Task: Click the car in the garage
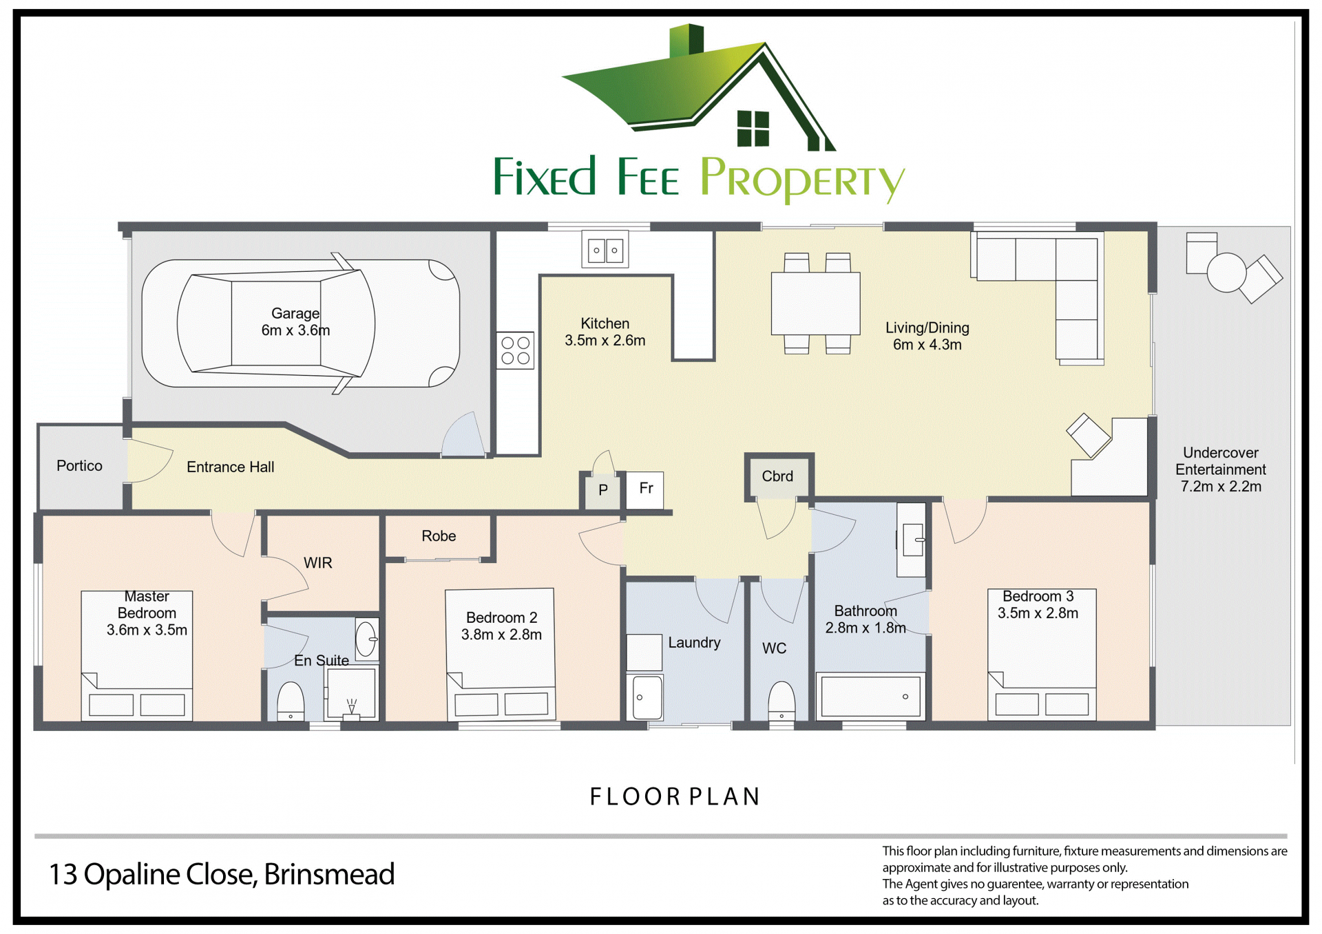(x=300, y=323)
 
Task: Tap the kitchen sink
(x=605, y=249)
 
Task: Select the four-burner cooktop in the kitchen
(x=516, y=350)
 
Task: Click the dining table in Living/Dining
(x=816, y=303)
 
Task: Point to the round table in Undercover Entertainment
(x=1226, y=273)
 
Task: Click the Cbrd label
(x=777, y=476)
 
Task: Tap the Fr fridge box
(x=645, y=490)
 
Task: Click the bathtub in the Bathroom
(x=871, y=696)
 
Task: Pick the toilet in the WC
(x=781, y=701)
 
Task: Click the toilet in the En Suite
(x=291, y=701)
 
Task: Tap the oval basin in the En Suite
(x=366, y=639)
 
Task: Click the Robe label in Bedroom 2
(x=439, y=536)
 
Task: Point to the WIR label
(x=318, y=563)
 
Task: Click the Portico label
(x=79, y=466)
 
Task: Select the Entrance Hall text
(x=230, y=467)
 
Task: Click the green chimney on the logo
(x=686, y=40)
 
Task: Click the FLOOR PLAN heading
(x=675, y=797)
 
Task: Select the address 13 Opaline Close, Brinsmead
(x=222, y=875)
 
